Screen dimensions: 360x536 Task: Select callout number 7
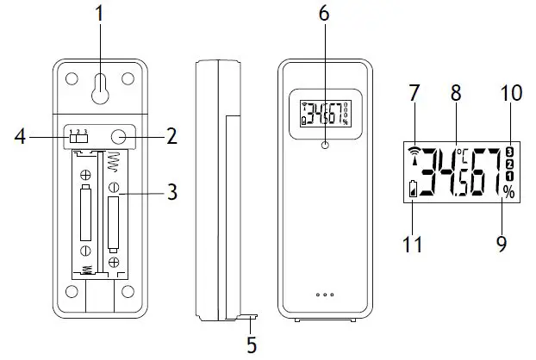click(x=415, y=91)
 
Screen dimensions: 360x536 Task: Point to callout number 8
click(x=456, y=90)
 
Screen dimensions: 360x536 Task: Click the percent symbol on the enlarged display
click(x=508, y=194)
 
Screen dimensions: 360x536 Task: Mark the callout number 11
click(x=414, y=245)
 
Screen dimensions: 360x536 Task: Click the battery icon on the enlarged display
click(x=414, y=190)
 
